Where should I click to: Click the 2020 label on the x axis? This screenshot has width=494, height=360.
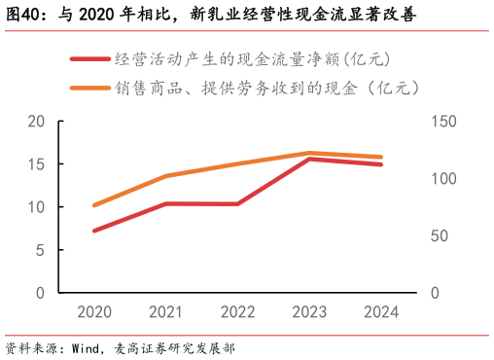pos(94,313)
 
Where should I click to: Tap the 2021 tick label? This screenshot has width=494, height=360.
pos(166,313)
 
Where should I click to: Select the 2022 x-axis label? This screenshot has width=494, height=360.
pos(238,313)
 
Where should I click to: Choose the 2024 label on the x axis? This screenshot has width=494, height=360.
pos(381,313)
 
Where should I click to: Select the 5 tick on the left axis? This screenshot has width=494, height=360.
pos(41,250)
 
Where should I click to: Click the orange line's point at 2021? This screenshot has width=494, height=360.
pos(166,176)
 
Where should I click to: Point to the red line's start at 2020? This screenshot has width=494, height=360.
pos(94,231)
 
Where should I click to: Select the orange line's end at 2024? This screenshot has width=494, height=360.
pos(381,157)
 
